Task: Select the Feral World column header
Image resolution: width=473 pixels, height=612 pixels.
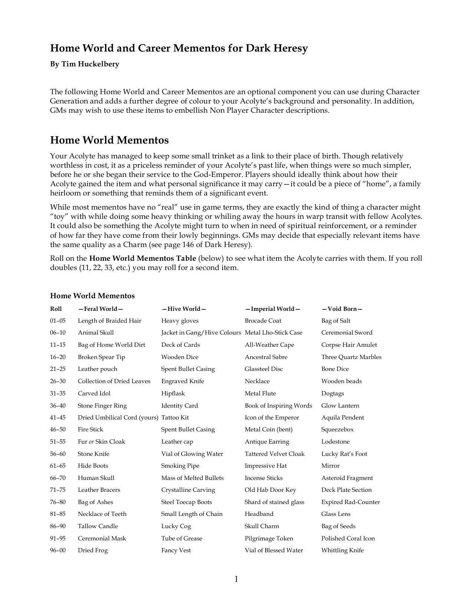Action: (x=100, y=309)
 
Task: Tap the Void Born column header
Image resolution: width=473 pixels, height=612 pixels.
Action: (x=342, y=309)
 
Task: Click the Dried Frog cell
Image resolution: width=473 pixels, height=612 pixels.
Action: (x=93, y=550)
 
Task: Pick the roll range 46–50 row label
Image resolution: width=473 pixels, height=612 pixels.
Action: (x=58, y=430)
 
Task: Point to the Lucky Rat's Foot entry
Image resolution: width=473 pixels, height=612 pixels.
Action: (x=344, y=454)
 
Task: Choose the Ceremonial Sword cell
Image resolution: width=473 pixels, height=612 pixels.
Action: (x=346, y=333)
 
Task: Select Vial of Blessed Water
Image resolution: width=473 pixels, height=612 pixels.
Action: (x=273, y=550)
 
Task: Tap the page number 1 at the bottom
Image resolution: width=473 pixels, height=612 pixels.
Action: (x=236, y=579)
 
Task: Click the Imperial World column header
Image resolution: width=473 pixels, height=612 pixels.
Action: (x=272, y=309)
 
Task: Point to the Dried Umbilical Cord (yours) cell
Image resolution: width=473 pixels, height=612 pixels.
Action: (x=118, y=418)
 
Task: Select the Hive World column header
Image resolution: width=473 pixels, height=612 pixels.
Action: (x=184, y=309)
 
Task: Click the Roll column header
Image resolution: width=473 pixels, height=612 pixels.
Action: (x=56, y=309)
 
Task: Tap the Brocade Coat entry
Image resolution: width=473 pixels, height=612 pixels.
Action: (x=263, y=321)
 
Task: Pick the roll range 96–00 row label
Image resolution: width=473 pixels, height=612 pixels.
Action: (x=58, y=550)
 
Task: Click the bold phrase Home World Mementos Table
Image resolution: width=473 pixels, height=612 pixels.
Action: (x=142, y=259)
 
